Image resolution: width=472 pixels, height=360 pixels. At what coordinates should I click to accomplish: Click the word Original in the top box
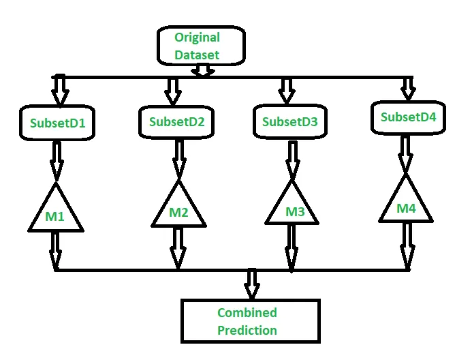coord(197,38)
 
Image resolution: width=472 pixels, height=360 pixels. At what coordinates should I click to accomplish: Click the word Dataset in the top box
coord(197,55)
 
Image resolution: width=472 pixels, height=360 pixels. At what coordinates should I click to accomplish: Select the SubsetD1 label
coord(58,123)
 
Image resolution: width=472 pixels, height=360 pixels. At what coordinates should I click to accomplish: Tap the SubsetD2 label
coord(177,122)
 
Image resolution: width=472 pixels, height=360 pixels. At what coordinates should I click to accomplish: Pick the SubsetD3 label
coord(290,121)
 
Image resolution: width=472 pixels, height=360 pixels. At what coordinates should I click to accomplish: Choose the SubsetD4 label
coord(409,117)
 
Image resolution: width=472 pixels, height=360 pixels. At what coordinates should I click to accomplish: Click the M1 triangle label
coord(54,216)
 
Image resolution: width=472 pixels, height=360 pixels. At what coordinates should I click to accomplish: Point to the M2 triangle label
coord(179,212)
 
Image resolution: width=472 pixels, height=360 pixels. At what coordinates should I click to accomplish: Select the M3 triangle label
coord(296,212)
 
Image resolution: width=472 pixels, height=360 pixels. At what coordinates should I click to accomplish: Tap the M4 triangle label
coord(407,208)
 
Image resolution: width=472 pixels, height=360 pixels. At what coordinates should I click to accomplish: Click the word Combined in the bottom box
coord(247,313)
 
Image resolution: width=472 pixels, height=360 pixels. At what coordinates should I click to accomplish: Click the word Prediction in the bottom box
coord(247,331)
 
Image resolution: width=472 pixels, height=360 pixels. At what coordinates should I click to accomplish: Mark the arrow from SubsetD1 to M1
coord(57,161)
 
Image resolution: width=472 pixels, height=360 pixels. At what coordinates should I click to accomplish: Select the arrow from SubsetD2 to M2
coord(179,160)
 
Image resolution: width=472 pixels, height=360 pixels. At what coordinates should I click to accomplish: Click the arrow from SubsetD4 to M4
coord(405,155)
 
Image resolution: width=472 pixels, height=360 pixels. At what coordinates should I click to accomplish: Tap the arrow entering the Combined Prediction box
coord(252,284)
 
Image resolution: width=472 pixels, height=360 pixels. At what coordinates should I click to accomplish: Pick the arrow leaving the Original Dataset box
coord(203,70)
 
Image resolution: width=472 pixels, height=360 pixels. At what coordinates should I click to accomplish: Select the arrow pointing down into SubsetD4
coord(408,89)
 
